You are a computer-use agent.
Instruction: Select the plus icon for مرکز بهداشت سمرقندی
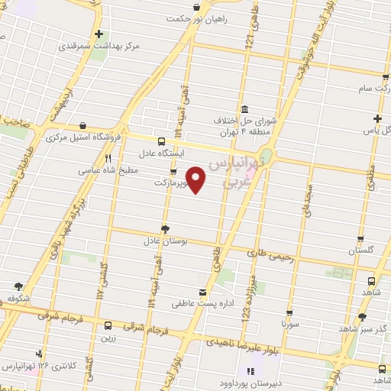click(99, 34)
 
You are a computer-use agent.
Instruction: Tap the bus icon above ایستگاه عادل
click(161, 141)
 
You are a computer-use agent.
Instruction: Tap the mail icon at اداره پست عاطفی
click(202, 293)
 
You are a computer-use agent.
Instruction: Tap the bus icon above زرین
click(108, 325)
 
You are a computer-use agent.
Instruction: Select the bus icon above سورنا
click(289, 312)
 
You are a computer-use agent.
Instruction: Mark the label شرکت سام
click(363, 89)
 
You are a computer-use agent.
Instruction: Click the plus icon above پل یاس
click(376, 118)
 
